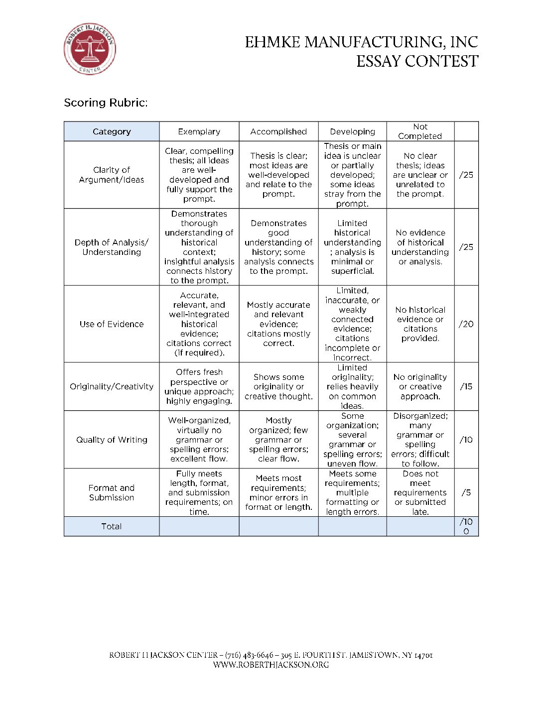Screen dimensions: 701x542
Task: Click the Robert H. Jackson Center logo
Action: coord(90,49)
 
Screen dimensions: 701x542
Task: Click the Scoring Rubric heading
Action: coord(106,103)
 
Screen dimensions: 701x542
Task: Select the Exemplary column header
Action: coord(199,131)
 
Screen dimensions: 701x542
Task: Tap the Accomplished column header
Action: coord(278,131)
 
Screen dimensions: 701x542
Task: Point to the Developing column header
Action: coord(352,131)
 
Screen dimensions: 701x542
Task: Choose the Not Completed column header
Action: coord(420,131)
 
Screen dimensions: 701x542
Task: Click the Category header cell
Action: coord(112,131)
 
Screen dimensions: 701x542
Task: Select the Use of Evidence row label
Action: coord(112,324)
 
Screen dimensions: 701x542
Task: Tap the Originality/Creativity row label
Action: coord(112,386)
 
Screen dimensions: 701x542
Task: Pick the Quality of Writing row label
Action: coord(112,440)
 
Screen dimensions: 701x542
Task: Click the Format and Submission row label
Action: coord(112,492)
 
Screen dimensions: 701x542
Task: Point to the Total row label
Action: coord(112,526)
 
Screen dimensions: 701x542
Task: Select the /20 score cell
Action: coord(466,324)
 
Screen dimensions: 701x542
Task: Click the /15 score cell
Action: coord(466,386)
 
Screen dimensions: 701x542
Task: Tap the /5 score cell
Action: coord(466,492)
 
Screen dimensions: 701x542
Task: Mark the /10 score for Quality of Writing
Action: coord(466,440)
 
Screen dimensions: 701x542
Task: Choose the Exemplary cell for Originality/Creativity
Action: coord(199,386)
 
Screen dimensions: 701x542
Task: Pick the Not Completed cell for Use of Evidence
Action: coord(420,324)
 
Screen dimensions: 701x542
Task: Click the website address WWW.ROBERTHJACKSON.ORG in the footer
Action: coord(271,665)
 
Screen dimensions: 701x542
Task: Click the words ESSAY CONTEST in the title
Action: coord(417,61)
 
